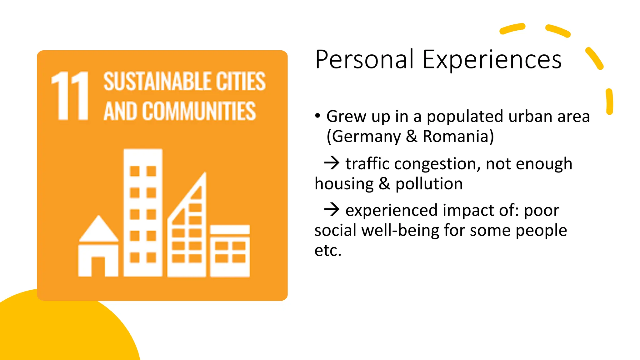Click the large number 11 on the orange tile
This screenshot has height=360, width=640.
pyautogui.click(x=70, y=96)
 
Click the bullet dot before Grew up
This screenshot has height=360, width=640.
pyautogui.click(x=318, y=116)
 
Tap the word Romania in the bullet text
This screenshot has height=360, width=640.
pyautogui.click(x=458, y=136)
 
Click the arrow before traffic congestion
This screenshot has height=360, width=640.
pyautogui.click(x=332, y=163)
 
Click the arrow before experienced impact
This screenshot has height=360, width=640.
pyautogui.click(x=332, y=209)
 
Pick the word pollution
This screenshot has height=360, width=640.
pyautogui.click(x=429, y=183)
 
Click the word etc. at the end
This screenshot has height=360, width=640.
pyautogui.click(x=328, y=250)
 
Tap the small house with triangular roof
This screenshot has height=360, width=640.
pyautogui.click(x=98, y=247)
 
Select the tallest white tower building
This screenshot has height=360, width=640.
pyautogui.click(x=143, y=212)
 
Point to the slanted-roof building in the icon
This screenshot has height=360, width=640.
pyautogui.click(x=187, y=231)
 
